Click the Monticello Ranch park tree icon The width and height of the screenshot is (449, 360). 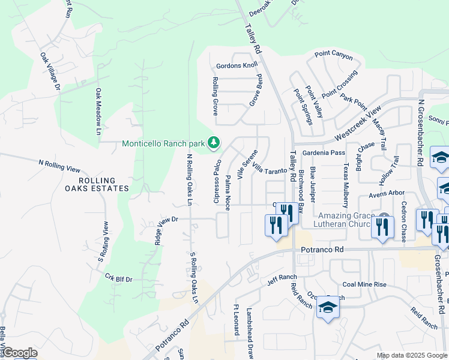point(213,143)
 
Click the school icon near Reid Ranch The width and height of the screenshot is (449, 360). point(328,308)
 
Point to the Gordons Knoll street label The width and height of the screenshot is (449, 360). point(237,65)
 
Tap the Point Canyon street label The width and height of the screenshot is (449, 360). point(334,55)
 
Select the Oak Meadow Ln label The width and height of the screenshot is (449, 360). point(98,111)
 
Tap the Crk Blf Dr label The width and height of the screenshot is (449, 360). point(118,279)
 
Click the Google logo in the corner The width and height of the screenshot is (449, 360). point(20,353)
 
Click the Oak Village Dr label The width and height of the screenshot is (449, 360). point(50,71)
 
